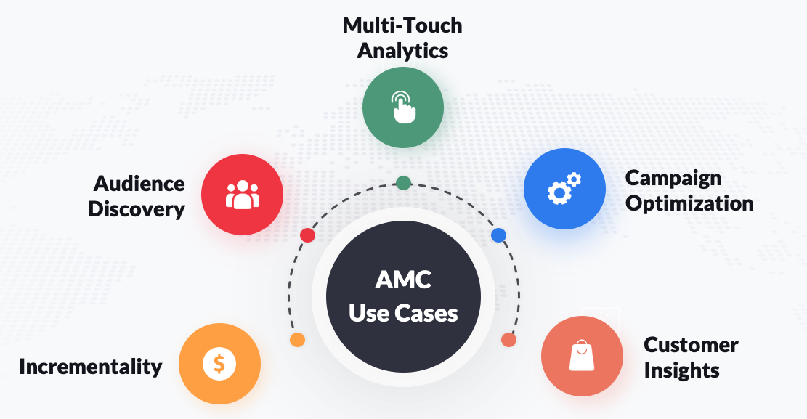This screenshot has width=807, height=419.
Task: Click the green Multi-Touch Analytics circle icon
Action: coord(403,107)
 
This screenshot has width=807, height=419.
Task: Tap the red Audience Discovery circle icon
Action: coord(242,195)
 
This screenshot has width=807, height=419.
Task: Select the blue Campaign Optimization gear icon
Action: coord(564,189)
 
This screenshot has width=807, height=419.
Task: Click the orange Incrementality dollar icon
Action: coord(219,363)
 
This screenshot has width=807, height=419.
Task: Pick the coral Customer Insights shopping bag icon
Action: coord(582,357)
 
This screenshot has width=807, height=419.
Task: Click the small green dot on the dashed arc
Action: coord(403,182)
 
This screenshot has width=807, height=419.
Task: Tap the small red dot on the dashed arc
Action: coord(307,235)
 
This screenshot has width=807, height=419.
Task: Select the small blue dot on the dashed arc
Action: coord(498,235)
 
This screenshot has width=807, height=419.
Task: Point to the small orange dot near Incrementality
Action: coord(296,339)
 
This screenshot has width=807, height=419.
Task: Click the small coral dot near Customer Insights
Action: coord(508,339)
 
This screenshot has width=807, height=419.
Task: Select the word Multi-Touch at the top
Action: coord(402,25)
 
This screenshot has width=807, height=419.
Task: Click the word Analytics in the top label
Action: coord(402,51)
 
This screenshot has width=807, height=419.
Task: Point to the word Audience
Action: coord(137,184)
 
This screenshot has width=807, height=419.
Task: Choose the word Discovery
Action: coord(137,209)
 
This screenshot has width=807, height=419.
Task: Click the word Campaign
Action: coord(673,178)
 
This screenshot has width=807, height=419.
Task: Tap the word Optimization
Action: coord(689,203)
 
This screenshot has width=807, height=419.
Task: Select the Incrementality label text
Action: coord(91,366)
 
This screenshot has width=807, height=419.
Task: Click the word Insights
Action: coord(681,370)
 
